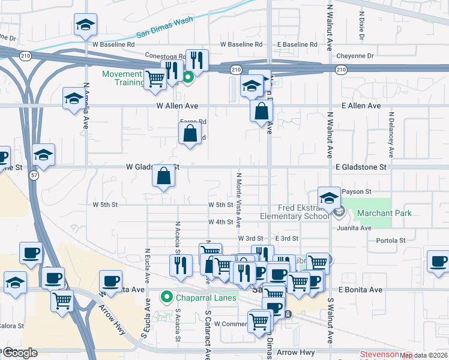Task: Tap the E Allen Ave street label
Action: click(361, 106)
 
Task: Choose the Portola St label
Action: click(391, 241)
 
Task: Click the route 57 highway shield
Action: click(34, 174)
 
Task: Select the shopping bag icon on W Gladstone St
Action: click(164, 176)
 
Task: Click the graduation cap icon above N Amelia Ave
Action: click(85, 25)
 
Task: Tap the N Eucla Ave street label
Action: click(146, 265)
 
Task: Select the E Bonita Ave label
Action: click(360, 290)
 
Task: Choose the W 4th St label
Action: click(220, 222)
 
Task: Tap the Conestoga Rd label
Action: click(165, 55)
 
